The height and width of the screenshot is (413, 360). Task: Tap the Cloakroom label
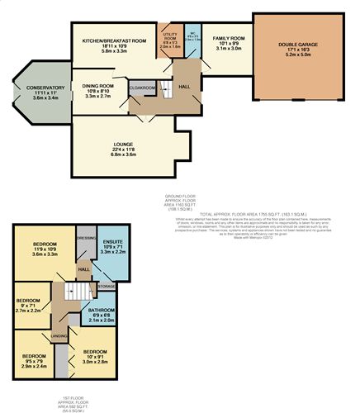coord(142,86)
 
